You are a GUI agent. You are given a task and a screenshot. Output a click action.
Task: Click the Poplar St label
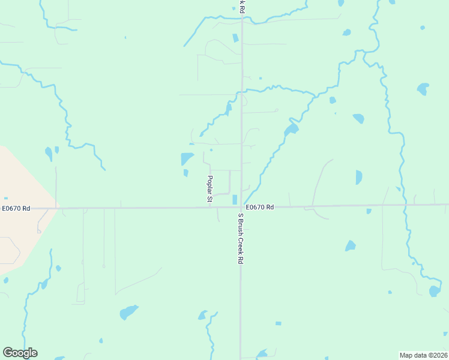pyautogui.click(x=211, y=189)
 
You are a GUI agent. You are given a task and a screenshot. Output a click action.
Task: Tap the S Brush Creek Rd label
pyautogui.click(x=240, y=239)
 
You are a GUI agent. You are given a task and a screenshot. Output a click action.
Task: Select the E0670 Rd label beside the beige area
pyautogui.click(x=16, y=208)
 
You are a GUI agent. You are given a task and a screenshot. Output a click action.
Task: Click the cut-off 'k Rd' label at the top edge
pyautogui.click(x=241, y=6)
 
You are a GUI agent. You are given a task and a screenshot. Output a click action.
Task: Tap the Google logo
pyautogui.click(x=20, y=353)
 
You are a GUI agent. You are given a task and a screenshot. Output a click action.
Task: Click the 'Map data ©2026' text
pyautogui.click(x=423, y=355)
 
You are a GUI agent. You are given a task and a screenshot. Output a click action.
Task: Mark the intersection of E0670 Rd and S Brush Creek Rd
pyautogui.click(x=241, y=208)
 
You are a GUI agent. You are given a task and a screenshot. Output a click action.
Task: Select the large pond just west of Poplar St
pyautogui.click(x=187, y=159)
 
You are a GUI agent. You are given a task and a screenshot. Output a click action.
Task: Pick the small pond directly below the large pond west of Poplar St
pyautogui.click(x=185, y=173)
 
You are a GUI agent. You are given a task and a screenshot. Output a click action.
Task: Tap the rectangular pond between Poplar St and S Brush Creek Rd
pyautogui.click(x=235, y=199)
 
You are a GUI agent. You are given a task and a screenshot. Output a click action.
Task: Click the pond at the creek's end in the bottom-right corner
pyautogui.click(x=435, y=291)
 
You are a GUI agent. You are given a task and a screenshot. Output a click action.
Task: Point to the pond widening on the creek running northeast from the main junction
pyautogui.click(x=291, y=129)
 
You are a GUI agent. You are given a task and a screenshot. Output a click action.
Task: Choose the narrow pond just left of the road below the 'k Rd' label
pyautogui.click(x=235, y=38)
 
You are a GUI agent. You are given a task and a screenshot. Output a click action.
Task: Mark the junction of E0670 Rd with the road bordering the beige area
pyautogui.click(x=56, y=208)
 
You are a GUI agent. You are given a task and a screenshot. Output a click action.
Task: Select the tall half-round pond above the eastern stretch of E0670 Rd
pyautogui.click(x=358, y=178)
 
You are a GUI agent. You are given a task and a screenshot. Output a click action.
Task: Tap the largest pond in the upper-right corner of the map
pyautogui.click(x=423, y=89)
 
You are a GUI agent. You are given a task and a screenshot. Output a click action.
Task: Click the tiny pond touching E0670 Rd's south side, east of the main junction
pyautogui.click(x=369, y=211)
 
